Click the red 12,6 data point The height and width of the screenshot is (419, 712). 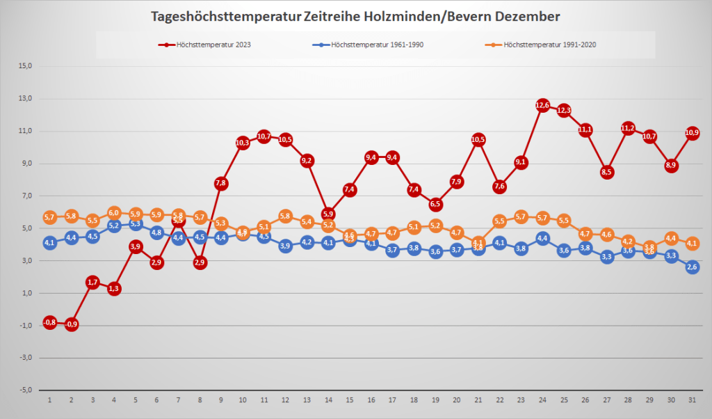[542, 105]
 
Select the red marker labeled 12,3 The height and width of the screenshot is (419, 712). [564, 110]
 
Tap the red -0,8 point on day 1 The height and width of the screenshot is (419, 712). [49, 322]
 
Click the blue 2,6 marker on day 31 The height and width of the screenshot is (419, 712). [693, 267]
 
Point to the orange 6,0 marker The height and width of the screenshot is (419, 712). [114, 212]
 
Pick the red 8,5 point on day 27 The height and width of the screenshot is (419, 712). [607, 172]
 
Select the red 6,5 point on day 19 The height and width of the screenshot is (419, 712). [435, 205]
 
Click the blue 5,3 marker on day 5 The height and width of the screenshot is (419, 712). [136, 224]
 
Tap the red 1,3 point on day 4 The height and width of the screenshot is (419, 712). [114, 288]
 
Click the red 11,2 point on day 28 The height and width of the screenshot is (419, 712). [629, 128]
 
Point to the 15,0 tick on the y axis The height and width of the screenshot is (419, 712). [26, 66]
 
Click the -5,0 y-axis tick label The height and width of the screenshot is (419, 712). [26, 390]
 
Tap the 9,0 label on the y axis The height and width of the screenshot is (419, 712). [27, 164]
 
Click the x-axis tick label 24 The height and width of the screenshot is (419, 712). [542, 400]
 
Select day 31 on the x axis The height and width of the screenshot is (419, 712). [693, 400]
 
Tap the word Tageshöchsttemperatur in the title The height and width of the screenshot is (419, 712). [225, 16]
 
